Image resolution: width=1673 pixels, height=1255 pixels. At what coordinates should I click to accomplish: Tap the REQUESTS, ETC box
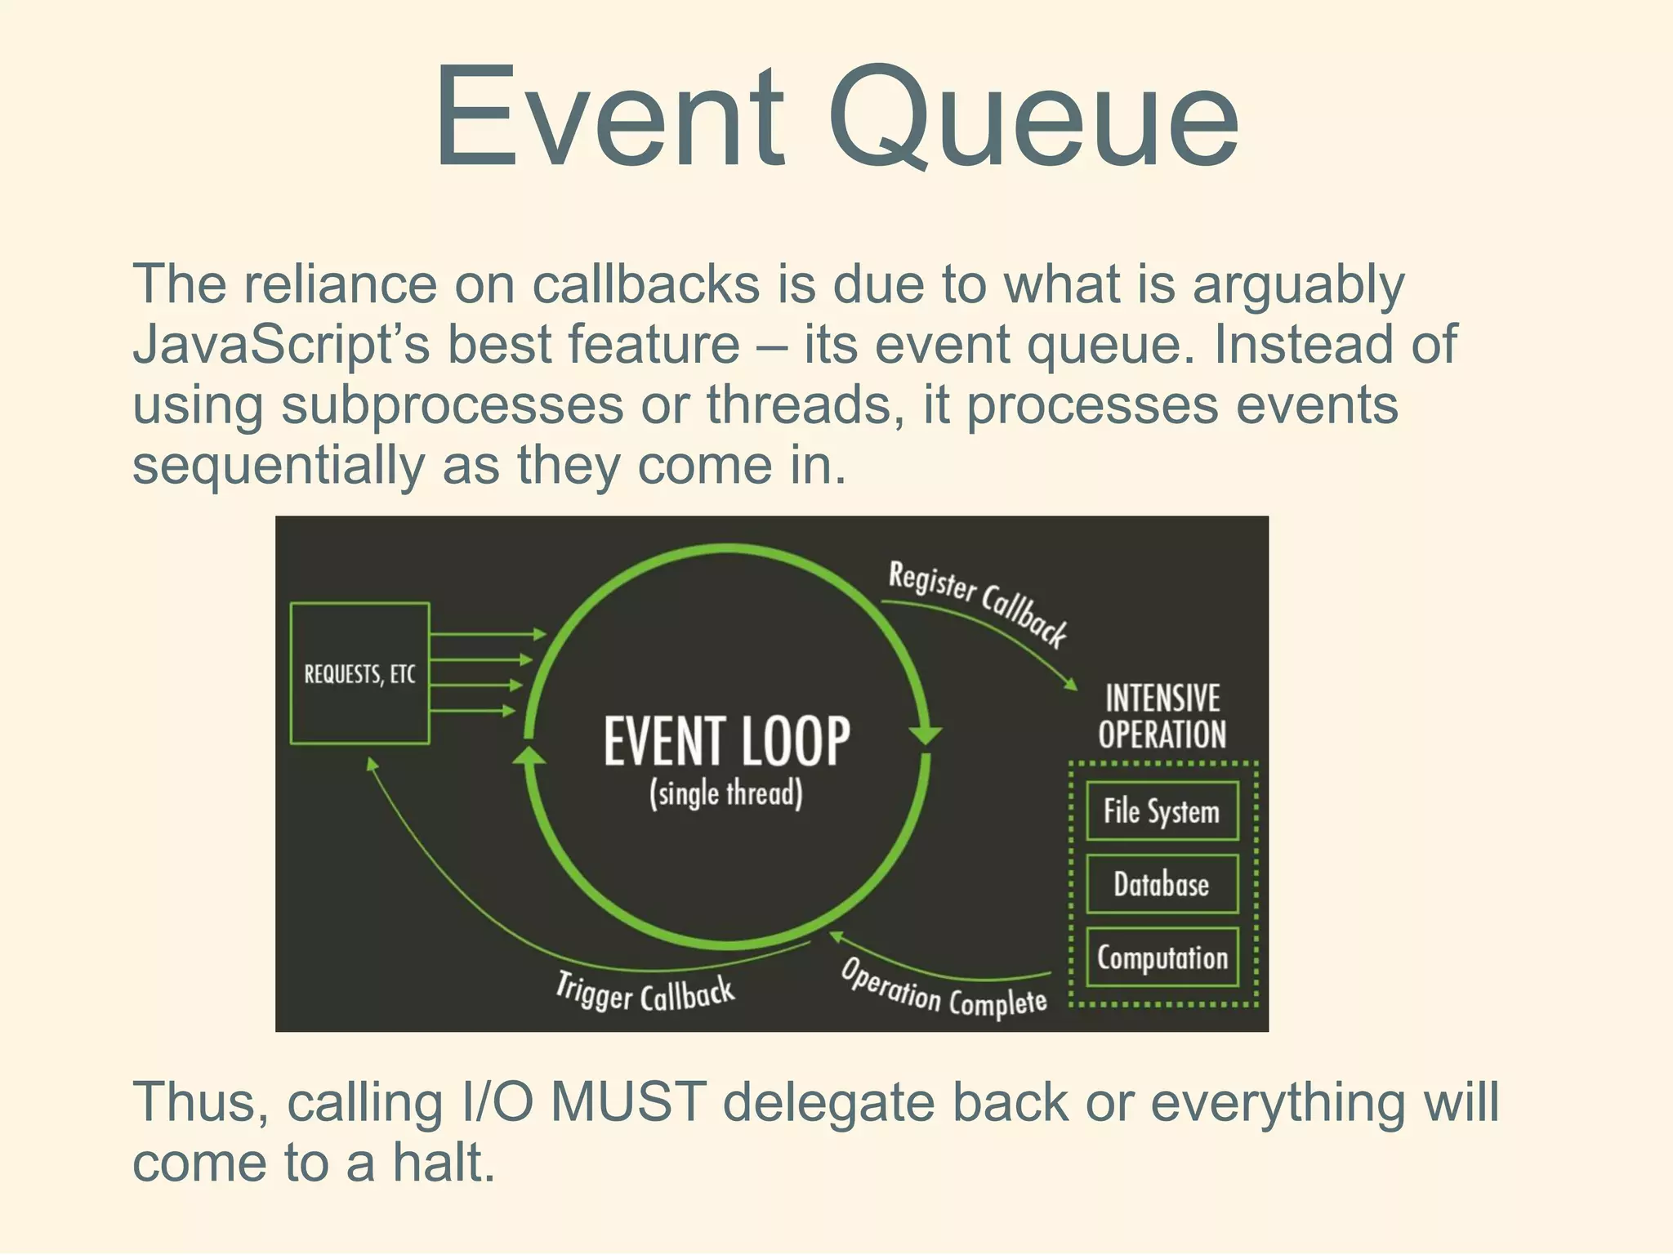click(x=359, y=673)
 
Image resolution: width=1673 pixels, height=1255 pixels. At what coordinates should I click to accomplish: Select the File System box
click(x=1162, y=811)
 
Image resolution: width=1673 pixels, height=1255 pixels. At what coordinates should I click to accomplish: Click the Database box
click(x=1162, y=884)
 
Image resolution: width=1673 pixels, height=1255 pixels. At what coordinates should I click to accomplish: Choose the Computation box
click(x=1162, y=957)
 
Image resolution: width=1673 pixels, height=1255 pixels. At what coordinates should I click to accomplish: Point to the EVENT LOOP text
click(x=726, y=740)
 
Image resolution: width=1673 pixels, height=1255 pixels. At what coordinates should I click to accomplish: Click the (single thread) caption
click(x=726, y=793)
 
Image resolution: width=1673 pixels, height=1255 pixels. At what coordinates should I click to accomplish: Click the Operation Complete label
click(x=944, y=989)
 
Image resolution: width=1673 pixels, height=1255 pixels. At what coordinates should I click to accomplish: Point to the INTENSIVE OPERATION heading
click(x=1162, y=717)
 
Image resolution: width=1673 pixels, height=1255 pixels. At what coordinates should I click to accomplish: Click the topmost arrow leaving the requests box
click(x=487, y=634)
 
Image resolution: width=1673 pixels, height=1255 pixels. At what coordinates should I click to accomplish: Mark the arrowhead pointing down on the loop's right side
click(x=925, y=733)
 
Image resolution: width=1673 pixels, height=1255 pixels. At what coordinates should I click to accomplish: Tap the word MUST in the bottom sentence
click(x=628, y=1101)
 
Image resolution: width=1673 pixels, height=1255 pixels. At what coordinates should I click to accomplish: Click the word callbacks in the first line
click(x=645, y=284)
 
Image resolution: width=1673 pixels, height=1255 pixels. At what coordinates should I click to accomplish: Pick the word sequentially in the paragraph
click(x=278, y=465)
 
